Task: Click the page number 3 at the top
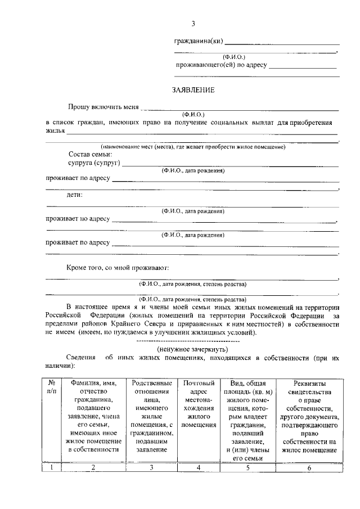click(193, 23)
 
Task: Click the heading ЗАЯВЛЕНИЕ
click(193, 90)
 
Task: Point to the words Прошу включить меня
click(102, 106)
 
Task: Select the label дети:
click(75, 195)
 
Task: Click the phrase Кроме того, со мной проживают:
click(118, 269)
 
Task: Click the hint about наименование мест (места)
click(193, 147)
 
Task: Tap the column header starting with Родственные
click(150, 416)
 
